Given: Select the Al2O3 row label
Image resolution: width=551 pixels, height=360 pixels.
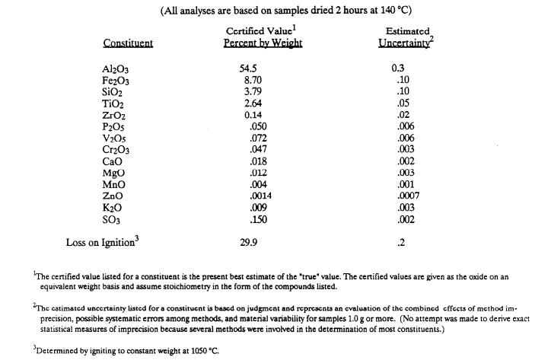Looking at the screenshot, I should click(x=115, y=68).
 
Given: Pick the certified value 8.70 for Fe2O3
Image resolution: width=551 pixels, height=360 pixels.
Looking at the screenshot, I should click(x=250, y=80).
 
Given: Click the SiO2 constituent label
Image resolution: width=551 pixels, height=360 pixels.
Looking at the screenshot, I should click(x=112, y=91).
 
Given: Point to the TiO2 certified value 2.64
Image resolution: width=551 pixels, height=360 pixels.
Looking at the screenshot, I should click(x=250, y=103).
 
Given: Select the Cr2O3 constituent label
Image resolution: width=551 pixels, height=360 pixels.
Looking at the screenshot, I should click(x=115, y=149).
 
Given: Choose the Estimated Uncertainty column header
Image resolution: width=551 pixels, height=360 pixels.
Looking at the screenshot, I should click(x=403, y=37).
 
